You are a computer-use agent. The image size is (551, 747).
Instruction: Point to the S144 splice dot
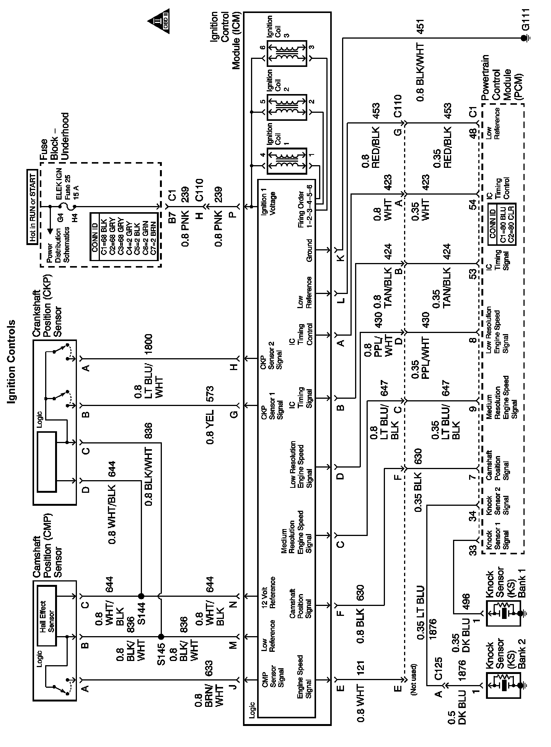pyautogui.click(x=141, y=596)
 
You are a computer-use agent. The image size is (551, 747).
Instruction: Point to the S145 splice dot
pyautogui.click(x=161, y=637)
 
